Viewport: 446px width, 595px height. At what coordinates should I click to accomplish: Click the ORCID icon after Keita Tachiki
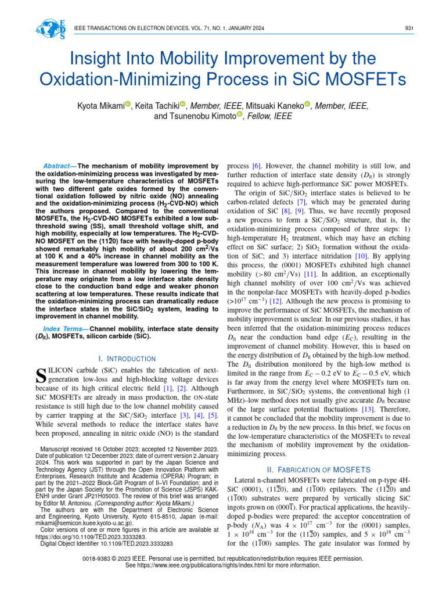pos(182,104)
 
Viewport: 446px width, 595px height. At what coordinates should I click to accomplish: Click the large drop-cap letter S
pos(41,377)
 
